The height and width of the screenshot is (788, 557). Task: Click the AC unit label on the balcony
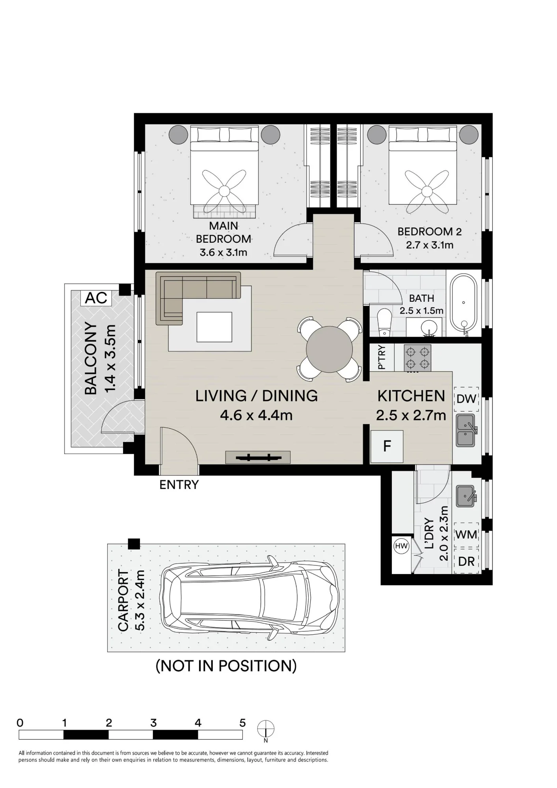(x=96, y=298)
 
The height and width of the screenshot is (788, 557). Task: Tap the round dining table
(x=330, y=349)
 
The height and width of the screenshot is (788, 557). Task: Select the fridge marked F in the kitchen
(x=387, y=446)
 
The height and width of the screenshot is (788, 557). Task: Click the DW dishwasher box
(x=467, y=399)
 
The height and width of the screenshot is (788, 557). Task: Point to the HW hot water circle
(x=401, y=546)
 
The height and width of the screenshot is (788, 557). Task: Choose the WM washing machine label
(x=466, y=535)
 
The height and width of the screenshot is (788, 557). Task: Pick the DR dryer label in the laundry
(x=466, y=561)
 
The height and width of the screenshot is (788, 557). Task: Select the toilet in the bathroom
(x=383, y=323)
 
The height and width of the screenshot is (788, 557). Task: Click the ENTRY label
(x=179, y=485)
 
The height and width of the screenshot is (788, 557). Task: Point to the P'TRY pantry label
(x=381, y=357)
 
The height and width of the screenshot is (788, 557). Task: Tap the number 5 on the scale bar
(x=242, y=723)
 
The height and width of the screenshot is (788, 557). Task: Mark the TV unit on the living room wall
(x=258, y=457)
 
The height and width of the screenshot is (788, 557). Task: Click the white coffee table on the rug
(x=214, y=327)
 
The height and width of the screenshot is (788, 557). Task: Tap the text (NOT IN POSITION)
(x=226, y=666)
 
